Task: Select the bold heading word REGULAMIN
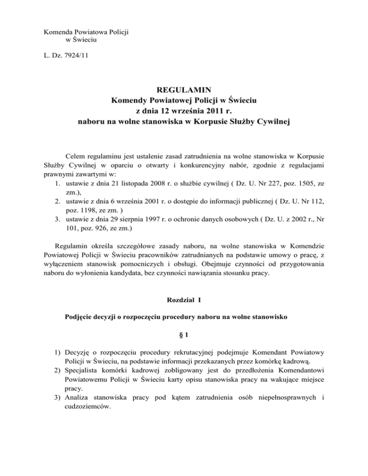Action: [184, 90]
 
